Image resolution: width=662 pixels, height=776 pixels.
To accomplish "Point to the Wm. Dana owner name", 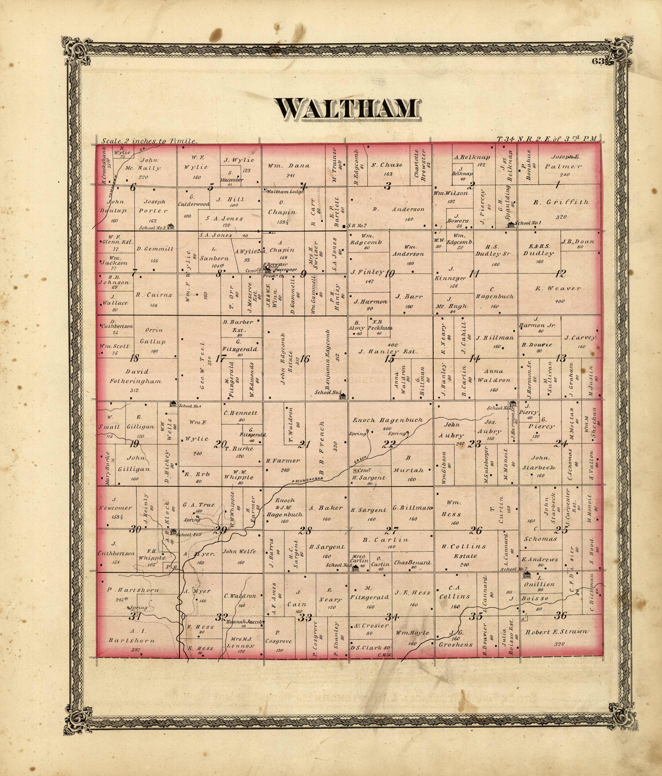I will (x=289, y=166).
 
